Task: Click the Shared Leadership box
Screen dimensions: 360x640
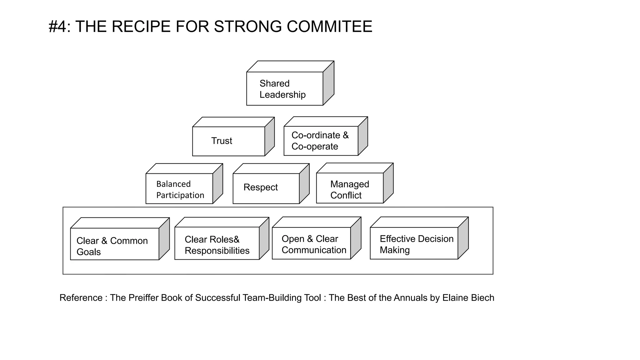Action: coord(284,89)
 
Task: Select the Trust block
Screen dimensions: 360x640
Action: coord(228,141)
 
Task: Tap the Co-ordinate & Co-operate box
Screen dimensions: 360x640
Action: coord(321,141)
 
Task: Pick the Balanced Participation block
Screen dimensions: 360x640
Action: coord(179,189)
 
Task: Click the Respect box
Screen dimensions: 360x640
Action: coord(266,188)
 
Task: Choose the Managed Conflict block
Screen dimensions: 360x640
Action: coord(350,188)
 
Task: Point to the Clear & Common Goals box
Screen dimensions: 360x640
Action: coord(114,244)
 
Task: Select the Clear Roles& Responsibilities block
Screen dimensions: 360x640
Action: coord(217,243)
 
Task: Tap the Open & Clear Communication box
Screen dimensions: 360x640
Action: coord(311,243)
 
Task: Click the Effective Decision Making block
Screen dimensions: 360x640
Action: coord(414,243)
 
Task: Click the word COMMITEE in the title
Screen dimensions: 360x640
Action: coord(329,26)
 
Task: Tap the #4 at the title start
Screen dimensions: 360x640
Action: coord(57,26)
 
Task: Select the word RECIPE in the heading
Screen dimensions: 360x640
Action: coord(141,26)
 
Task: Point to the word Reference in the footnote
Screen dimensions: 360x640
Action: coord(81,298)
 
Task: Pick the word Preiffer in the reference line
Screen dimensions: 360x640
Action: coord(143,298)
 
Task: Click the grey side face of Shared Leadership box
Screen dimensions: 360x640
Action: coord(328,83)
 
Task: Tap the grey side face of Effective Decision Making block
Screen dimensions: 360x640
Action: coord(463,238)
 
